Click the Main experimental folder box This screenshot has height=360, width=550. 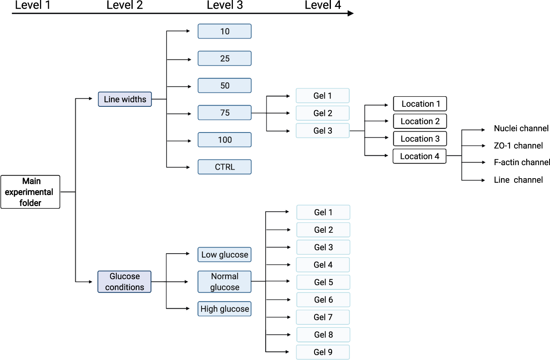coord(30,192)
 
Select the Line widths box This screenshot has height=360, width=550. coord(125,99)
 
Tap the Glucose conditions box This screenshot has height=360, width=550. coord(124,282)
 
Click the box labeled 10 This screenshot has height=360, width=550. coord(224,31)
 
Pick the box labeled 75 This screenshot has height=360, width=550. coord(224,113)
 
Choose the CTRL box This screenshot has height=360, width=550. coord(224,167)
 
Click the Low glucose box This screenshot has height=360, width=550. coord(224,254)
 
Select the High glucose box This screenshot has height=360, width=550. coord(224,309)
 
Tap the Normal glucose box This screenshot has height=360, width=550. coord(224,282)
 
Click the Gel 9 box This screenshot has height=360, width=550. coord(323,352)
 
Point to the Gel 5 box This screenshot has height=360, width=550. coord(323,282)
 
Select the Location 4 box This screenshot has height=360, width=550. coord(419,156)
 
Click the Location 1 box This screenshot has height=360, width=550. coord(420,104)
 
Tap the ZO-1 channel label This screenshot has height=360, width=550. coord(518,146)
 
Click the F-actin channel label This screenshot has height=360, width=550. coord(522,162)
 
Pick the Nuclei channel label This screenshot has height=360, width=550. coord(521,128)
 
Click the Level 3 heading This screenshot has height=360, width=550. coord(225,5)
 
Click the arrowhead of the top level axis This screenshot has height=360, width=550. coord(350,13)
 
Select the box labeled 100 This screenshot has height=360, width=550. coord(224,140)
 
